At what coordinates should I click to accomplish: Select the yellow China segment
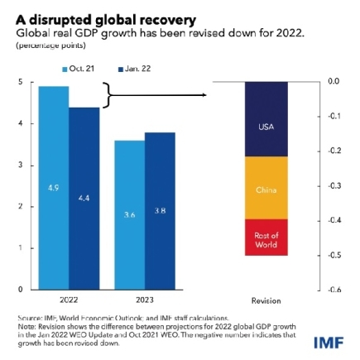pyautogui.click(x=266, y=188)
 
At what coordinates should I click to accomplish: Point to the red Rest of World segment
pyautogui.click(x=266, y=238)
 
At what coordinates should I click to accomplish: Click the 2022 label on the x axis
pyautogui.click(x=69, y=299)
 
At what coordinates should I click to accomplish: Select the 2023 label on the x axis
pyautogui.click(x=144, y=299)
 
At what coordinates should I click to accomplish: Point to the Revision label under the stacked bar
pyautogui.click(x=266, y=300)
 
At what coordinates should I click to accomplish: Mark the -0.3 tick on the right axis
pyautogui.click(x=334, y=185)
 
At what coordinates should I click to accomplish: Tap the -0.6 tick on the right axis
pyautogui.click(x=334, y=290)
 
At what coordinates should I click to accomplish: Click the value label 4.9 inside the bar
pyautogui.click(x=54, y=188)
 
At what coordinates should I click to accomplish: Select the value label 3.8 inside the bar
pyautogui.click(x=159, y=210)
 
